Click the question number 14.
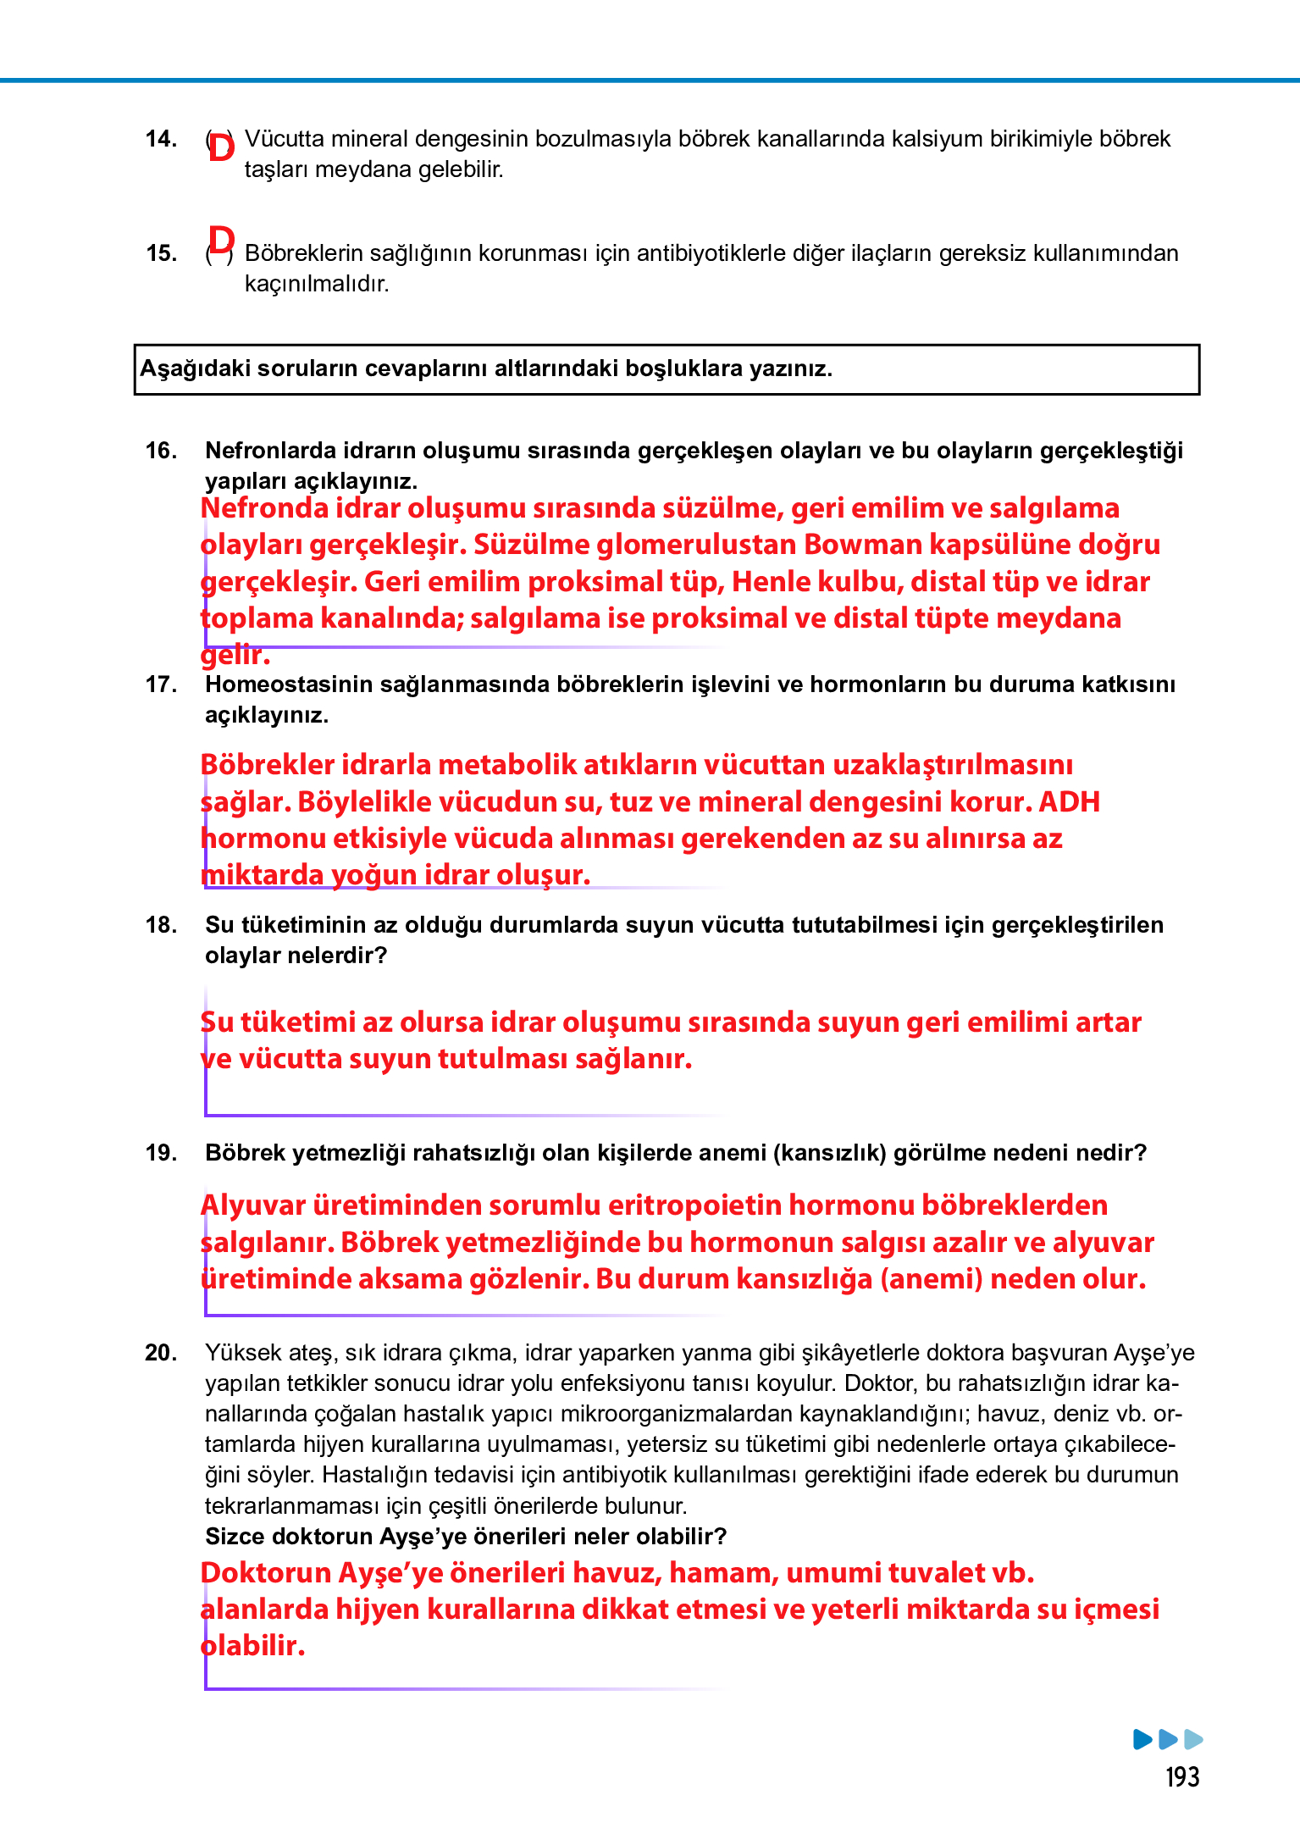(161, 139)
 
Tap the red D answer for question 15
(221, 241)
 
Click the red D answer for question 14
(221, 147)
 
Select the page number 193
(1182, 1777)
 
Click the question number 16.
(161, 451)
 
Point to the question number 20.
(161, 1353)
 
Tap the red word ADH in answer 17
(1069, 801)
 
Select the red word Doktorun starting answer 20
(265, 1573)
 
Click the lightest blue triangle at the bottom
(1193, 1740)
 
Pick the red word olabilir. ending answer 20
(252, 1646)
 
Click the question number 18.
(161, 925)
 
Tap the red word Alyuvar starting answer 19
(252, 1205)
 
